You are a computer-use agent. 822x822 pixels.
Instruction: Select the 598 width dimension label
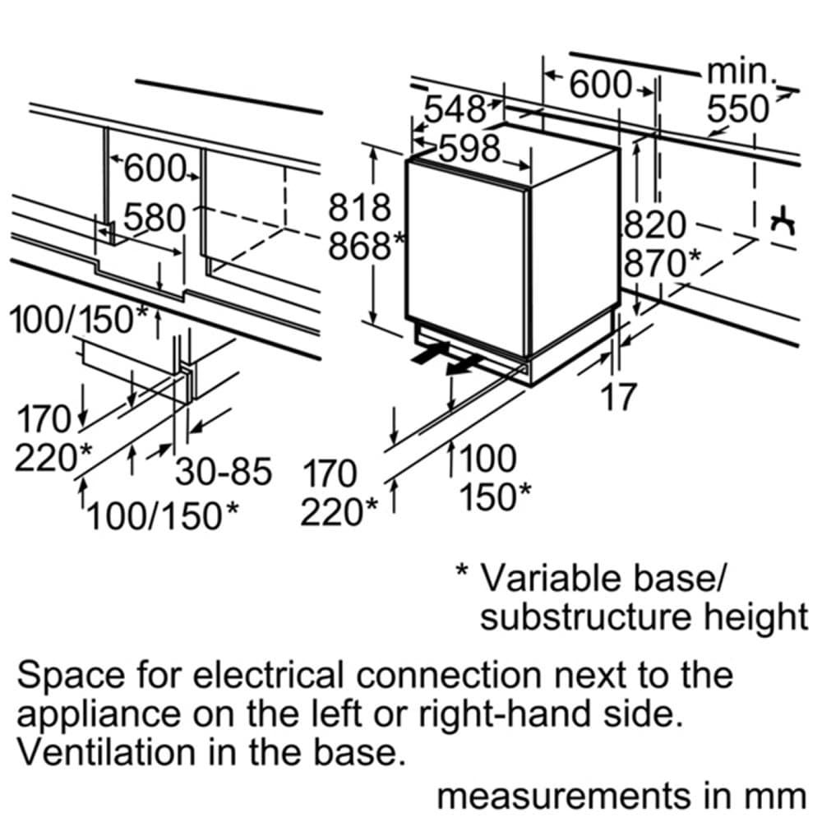pos(469,149)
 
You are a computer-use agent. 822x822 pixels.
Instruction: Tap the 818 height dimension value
pos(359,207)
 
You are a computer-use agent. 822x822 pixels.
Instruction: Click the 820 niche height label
pos(655,224)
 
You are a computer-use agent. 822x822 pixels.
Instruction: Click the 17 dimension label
pos(618,397)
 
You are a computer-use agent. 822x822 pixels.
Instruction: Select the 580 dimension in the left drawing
pos(154,218)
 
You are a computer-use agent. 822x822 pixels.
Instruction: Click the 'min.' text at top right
pos(741,72)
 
